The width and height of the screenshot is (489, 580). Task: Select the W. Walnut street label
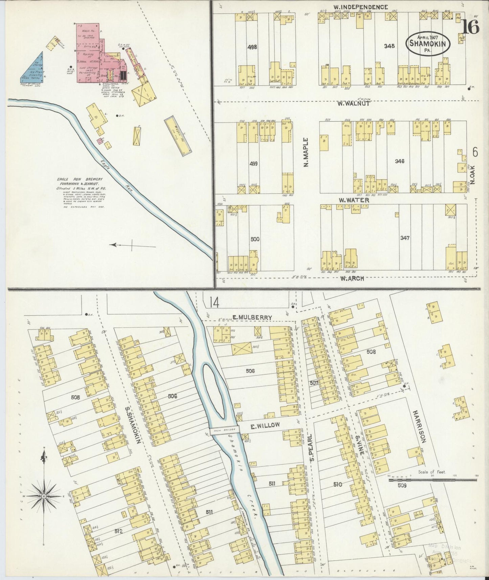point(353,104)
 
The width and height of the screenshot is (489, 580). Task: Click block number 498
point(252,47)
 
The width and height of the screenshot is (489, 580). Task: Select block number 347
point(405,238)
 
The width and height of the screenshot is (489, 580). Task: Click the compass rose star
point(44,496)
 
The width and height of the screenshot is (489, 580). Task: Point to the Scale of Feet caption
point(432,472)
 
